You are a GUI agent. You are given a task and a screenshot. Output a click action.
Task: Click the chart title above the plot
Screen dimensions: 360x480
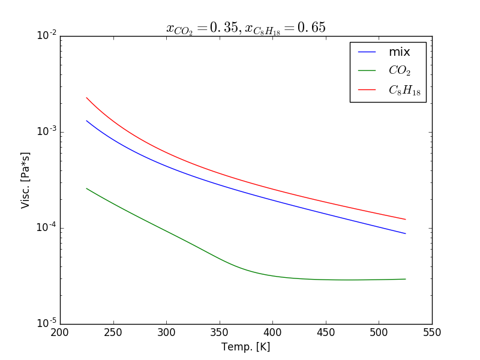pos(246,28)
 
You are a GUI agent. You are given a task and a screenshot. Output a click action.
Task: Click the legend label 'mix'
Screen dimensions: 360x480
pos(400,52)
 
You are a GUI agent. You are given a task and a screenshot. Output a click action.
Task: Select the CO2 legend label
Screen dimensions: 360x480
pos(400,71)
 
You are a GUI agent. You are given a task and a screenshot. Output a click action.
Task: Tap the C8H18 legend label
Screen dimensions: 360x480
pos(404,90)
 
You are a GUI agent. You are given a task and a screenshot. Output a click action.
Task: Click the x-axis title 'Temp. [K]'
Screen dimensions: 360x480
pos(246,347)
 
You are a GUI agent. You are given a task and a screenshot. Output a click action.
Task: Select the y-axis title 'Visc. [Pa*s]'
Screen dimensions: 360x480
pos(26,180)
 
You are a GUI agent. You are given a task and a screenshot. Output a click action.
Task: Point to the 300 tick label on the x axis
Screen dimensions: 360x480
pos(166,332)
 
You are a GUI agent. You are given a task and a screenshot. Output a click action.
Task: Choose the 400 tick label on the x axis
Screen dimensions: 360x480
pos(272,332)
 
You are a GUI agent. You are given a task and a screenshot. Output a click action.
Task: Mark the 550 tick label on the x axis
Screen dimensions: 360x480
pos(432,332)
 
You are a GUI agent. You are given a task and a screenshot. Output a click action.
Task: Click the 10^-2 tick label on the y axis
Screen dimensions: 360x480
pos(46,36)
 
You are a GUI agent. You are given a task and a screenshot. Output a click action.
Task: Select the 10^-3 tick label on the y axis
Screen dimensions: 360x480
pos(46,132)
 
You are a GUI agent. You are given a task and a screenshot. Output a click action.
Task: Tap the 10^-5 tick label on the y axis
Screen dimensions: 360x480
pos(46,323)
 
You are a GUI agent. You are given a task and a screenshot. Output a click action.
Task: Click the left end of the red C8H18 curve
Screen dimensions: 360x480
pos(86,98)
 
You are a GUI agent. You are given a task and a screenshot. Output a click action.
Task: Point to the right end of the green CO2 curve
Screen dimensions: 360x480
pos(406,279)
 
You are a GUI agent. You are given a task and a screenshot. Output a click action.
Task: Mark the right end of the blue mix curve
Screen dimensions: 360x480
pos(406,233)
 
